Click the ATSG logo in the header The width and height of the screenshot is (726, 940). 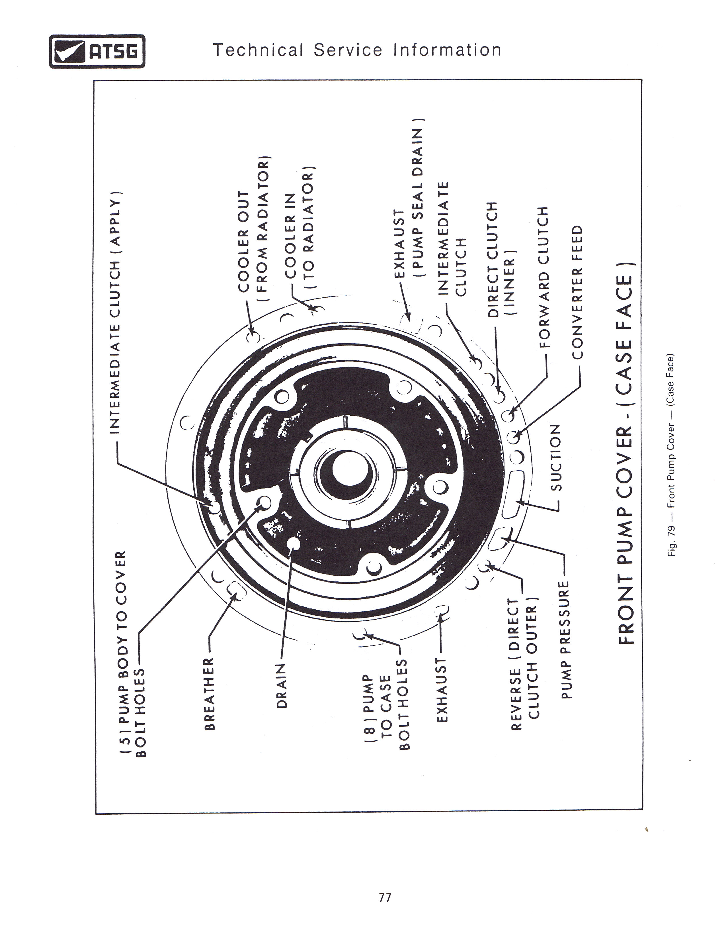pos(97,51)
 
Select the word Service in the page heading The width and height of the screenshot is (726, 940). pos(348,50)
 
